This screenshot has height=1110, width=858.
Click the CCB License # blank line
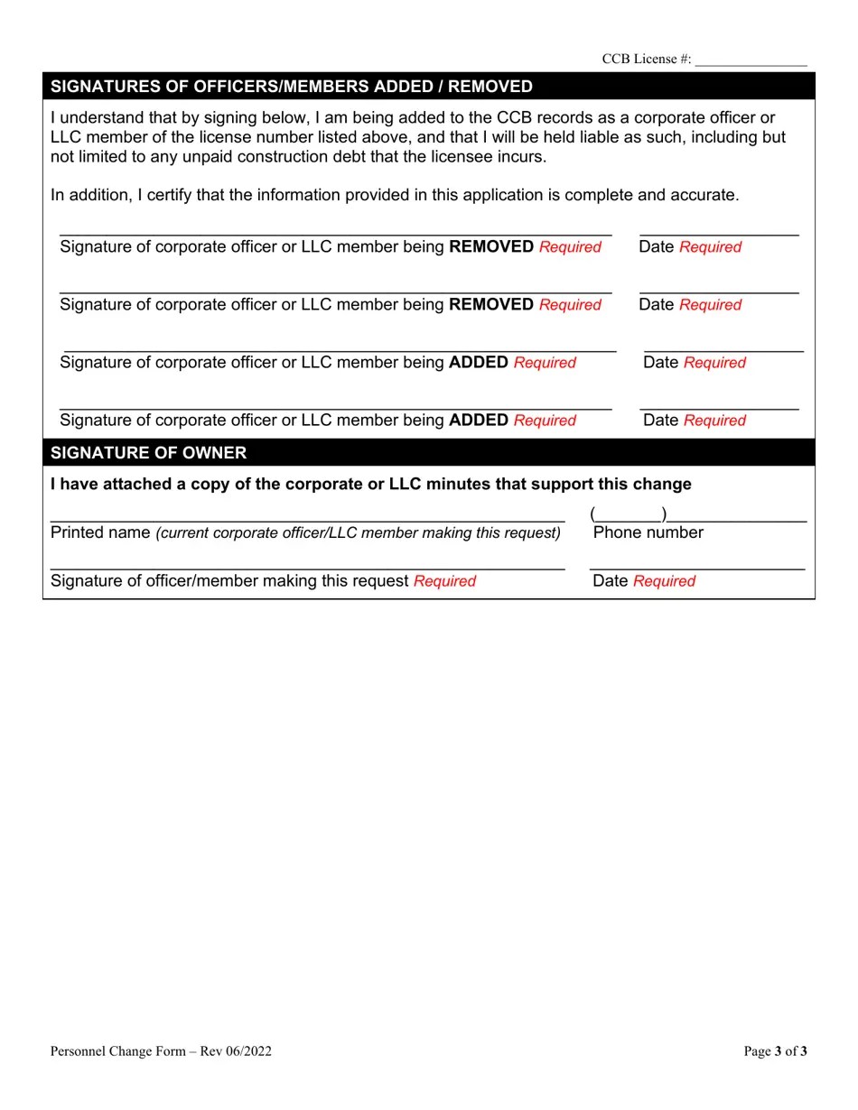(751, 63)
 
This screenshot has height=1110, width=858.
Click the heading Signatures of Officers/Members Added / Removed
(292, 87)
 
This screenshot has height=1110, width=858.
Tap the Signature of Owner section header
(149, 453)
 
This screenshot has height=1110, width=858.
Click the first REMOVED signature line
(335, 233)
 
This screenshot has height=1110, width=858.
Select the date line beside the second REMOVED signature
(719, 291)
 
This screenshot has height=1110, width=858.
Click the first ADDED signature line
(340, 348)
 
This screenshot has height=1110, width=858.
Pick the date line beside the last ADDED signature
(719, 408)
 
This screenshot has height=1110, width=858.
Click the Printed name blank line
(307, 520)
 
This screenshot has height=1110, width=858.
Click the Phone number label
(648, 532)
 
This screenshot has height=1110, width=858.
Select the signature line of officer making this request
(307, 569)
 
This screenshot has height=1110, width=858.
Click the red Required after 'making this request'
(444, 581)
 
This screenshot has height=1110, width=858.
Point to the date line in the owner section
(696, 569)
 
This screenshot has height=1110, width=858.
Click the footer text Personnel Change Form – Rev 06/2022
(161, 1050)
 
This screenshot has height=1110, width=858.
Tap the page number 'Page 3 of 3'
(775, 1050)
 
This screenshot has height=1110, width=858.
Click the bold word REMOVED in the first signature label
(490, 247)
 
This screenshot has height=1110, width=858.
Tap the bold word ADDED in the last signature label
(478, 421)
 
